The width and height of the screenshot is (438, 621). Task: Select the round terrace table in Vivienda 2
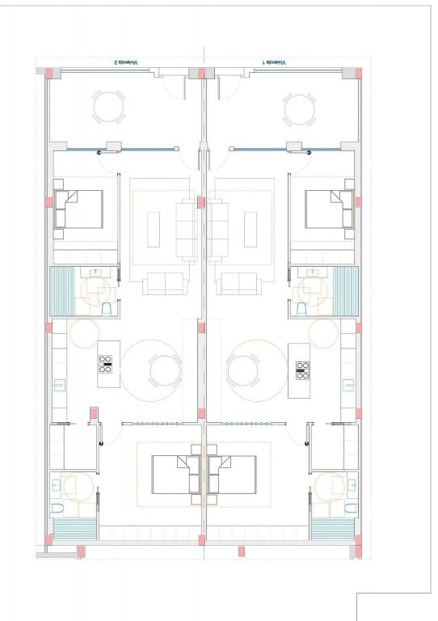pyautogui.click(x=109, y=108)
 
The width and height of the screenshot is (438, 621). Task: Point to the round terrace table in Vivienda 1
pyautogui.click(x=299, y=108)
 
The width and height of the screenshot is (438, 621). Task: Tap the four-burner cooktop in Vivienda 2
pyautogui.click(x=105, y=365)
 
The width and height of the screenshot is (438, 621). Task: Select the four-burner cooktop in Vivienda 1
pyautogui.click(x=303, y=370)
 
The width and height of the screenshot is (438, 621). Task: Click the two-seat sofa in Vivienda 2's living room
pyautogui.click(x=164, y=283)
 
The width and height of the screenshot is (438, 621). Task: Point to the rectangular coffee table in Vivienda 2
pyautogui.click(x=154, y=229)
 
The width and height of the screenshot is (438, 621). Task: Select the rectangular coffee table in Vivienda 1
pyautogui.click(x=251, y=229)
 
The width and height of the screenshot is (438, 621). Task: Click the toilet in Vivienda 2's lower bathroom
pyautogui.click(x=57, y=509)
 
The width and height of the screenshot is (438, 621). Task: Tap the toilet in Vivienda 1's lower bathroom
pyautogui.click(x=350, y=509)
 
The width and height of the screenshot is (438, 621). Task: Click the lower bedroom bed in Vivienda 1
pyautogui.click(x=233, y=474)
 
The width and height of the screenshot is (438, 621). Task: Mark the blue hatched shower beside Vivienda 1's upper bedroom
pyautogui.click(x=346, y=291)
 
